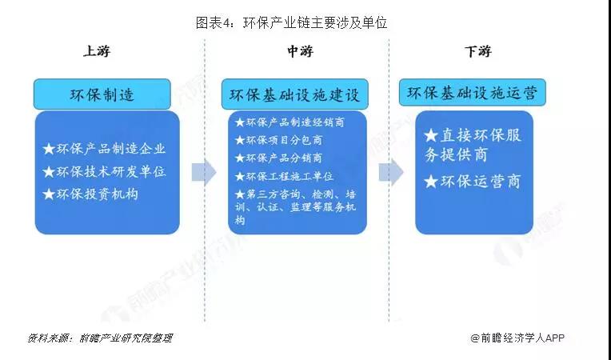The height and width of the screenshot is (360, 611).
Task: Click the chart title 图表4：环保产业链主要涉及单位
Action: pyautogui.click(x=291, y=22)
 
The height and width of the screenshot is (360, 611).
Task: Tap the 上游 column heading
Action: pyautogui.click(x=97, y=51)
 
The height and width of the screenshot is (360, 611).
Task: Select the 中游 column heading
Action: pyautogui.click(x=300, y=51)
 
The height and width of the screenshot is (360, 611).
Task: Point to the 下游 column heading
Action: pyautogui.click(x=477, y=51)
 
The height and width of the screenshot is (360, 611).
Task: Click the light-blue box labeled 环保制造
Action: pyautogui.click(x=102, y=94)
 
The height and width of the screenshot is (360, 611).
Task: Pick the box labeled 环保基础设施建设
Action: pyautogui.click(x=294, y=94)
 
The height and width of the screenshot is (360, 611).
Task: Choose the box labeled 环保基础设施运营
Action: pyautogui.click(x=473, y=93)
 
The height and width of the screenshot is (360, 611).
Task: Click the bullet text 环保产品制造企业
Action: pyautogui.click(x=110, y=149)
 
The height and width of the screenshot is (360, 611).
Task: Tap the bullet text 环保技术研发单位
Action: pyautogui.click(x=110, y=171)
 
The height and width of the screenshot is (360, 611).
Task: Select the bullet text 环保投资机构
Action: pyautogui.click(x=97, y=194)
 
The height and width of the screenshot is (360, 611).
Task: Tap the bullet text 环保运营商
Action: pyautogui.click(x=481, y=181)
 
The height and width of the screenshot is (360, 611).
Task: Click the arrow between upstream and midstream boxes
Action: pyautogui.click(x=204, y=172)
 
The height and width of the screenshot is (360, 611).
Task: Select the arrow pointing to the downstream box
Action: pyautogui.click(x=391, y=172)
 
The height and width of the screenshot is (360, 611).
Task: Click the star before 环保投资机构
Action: pyautogui.click(x=49, y=194)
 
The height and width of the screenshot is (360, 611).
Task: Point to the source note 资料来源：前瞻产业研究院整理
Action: pyautogui.click(x=100, y=338)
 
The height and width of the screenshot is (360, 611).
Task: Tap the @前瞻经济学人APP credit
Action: pyautogui.click(x=517, y=338)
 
